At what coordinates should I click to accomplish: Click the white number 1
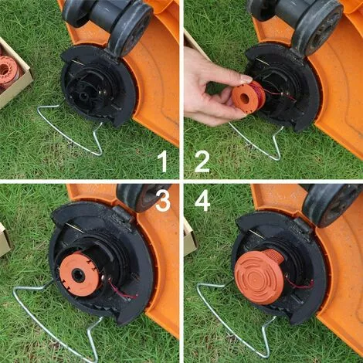[163, 161]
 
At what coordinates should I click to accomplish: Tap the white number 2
[202, 161]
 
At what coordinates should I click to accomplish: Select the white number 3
[163, 201]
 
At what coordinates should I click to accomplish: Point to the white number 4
[202, 201]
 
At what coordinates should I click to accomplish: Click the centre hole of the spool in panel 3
[77, 275]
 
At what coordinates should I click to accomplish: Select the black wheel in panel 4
[332, 205]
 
